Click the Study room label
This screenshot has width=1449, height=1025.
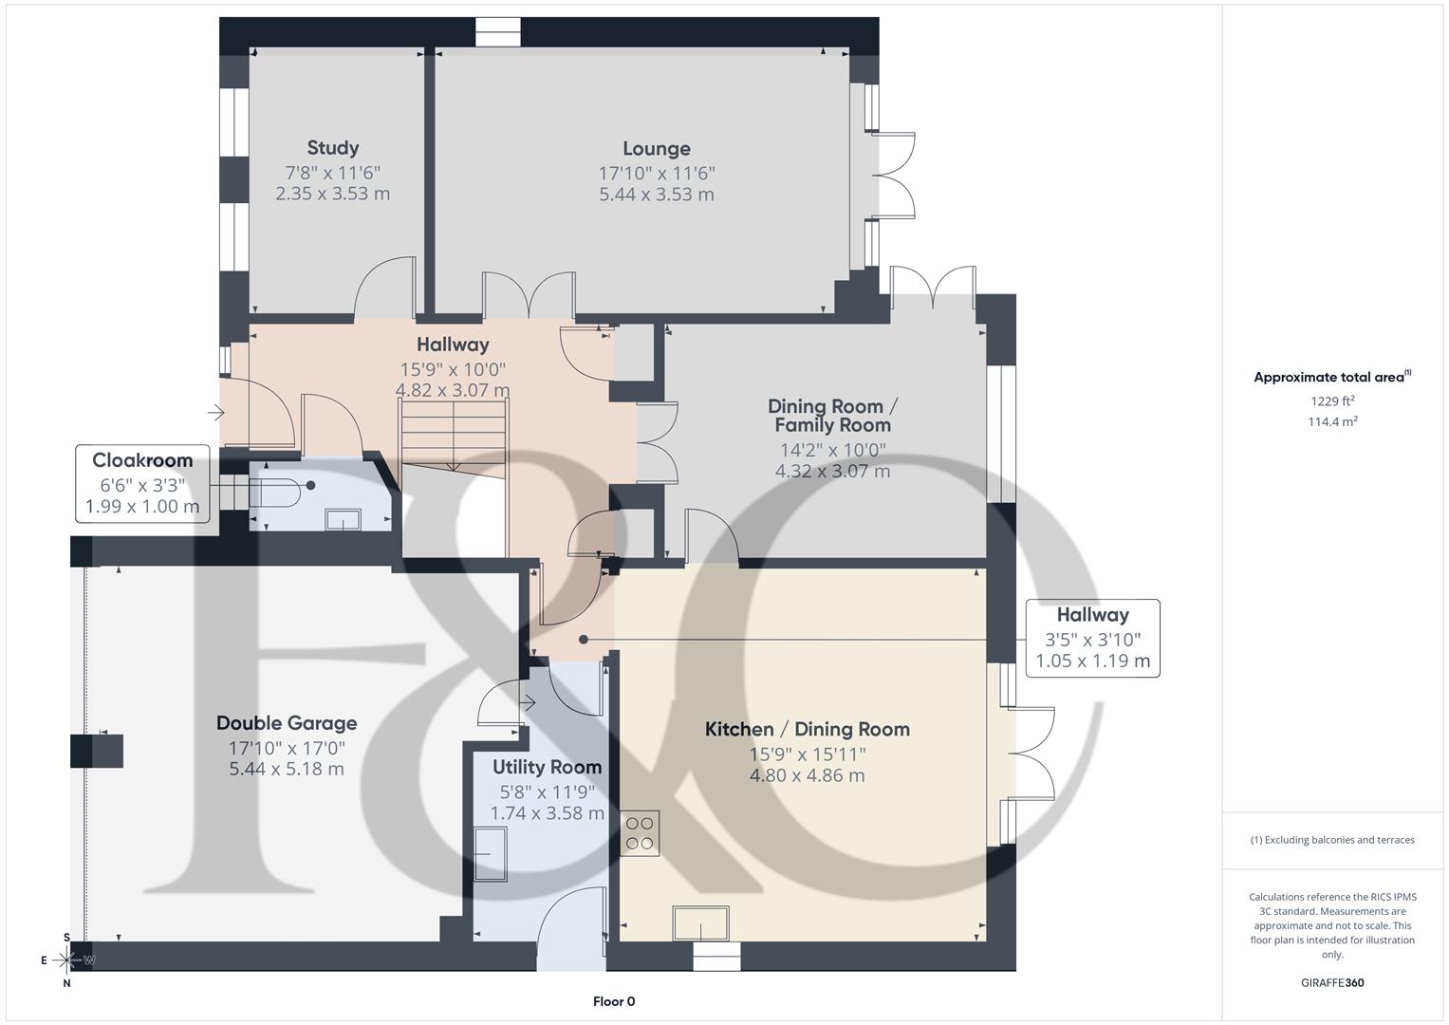coord(332,147)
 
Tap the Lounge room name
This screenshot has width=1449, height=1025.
coord(657,149)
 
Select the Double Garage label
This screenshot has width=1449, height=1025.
coord(287,723)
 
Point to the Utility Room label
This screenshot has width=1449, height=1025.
coord(548,768)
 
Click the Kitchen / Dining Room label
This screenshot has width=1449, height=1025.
coord(808,729)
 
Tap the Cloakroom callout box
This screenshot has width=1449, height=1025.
coord(142,483)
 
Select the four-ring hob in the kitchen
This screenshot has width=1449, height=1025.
coord(640,833)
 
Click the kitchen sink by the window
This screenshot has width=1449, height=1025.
coord(700,922)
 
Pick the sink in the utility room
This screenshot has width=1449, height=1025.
coord(491,854)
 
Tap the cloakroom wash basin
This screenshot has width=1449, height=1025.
coord(343,520)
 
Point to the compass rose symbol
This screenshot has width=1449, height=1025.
coord(66,960)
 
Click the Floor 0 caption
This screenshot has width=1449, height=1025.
coord(614,1001)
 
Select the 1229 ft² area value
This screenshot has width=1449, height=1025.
coord(1332,401)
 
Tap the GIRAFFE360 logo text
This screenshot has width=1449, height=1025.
coord(1332,983)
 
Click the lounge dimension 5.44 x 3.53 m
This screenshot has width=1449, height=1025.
coord(657,195)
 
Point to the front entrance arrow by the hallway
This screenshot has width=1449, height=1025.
coord(215,412)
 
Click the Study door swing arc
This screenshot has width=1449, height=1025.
coord(384,286)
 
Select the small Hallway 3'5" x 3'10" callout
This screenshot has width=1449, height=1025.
coord(1093,639)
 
